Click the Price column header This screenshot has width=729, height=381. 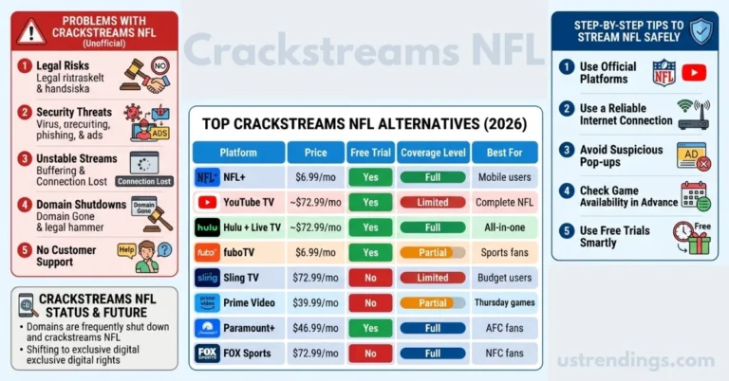click(x=316, y=153)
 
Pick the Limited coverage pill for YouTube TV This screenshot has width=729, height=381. click(x=433, y=203)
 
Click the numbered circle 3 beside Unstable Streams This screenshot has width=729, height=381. click(x=26, y=159)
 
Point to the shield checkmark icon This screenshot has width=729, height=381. click(x=701, y=30)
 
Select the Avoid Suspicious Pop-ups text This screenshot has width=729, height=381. click(x=622, y=155)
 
